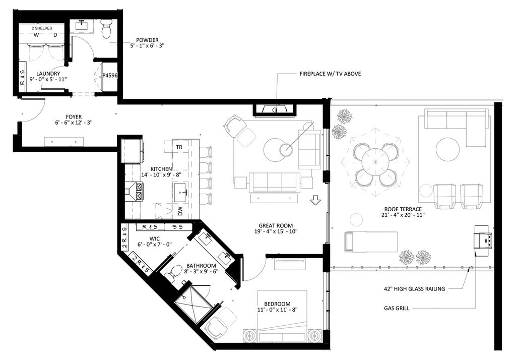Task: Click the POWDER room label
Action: [x=147, y=40]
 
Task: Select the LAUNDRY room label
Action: [x=48, y=74]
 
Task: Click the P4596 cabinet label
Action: [x=109, y=76]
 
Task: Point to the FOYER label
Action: [x=74, y=116]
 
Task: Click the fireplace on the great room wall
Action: [x=275, y=110]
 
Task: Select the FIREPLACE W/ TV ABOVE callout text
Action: [x=330, y=74]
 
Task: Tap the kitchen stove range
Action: [x=135, y=192]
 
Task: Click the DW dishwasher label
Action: [x=180, y=212]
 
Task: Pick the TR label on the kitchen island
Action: [x=179, y=147]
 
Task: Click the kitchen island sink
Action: [x=181, y=192]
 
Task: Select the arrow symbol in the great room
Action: [x=315, y=200]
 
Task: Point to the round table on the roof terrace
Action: [x=375, y=161]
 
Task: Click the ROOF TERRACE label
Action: [x=403, y=209]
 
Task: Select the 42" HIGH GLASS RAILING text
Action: [x=414, y=289]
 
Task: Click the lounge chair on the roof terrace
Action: [x=371, y=242]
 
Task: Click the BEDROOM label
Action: [x=278, y=304]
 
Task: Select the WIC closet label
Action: [x=154, y=239]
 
